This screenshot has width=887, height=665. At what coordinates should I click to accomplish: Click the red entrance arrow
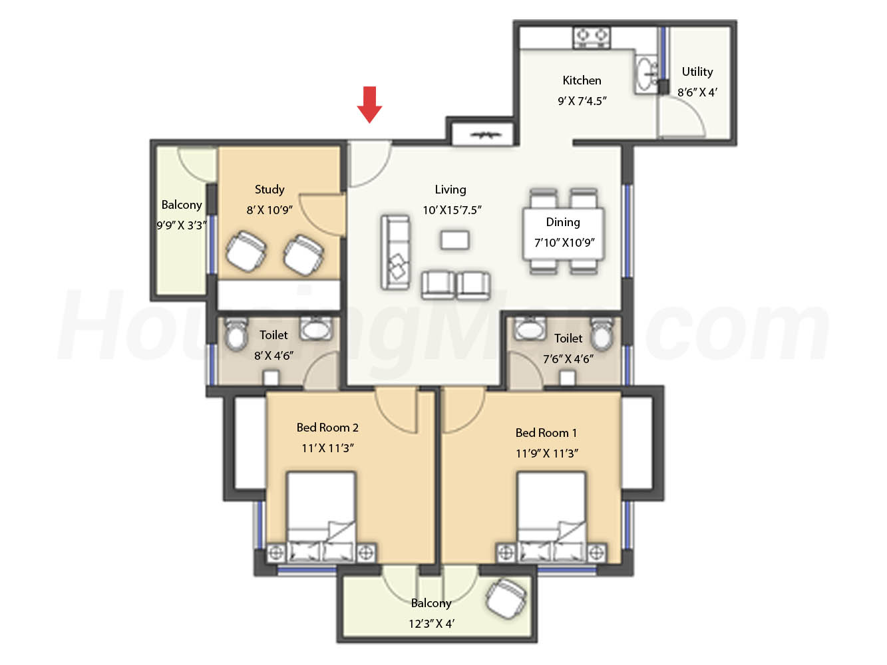click(369, 104)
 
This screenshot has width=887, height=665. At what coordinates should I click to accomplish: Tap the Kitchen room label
click(582, 80)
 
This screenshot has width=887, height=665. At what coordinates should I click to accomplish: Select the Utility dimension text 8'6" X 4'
click(697, 92)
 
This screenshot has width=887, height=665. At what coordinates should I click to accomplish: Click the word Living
click(450, 190)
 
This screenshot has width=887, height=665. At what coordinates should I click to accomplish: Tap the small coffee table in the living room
click(454, 240)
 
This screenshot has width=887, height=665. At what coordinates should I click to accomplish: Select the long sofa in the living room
click(395, 252)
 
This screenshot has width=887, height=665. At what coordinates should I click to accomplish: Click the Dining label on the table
click(562, 222)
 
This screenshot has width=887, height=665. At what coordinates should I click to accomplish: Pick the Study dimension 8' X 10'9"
click(269, 210)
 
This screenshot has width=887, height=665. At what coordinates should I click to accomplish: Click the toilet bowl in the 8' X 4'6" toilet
click(236, 333)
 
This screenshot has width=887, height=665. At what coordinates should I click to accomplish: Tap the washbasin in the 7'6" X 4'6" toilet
click(530, 329)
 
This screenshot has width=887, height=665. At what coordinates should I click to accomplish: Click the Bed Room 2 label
click(327, 427)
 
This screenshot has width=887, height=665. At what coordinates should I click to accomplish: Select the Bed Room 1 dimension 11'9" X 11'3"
click(547, 454)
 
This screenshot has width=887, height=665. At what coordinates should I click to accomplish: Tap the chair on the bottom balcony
click(506, 598)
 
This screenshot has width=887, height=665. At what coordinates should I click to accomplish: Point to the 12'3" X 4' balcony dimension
click(431, 624)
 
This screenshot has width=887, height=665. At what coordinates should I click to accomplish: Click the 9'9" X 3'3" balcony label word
click(182, 205)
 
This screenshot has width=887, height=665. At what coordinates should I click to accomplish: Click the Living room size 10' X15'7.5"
click(452, 210)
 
